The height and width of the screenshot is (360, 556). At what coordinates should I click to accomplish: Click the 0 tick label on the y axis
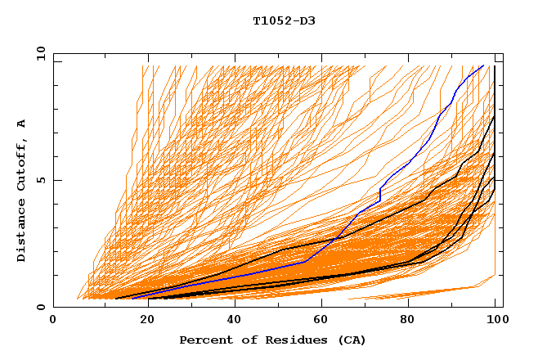pos(42,308)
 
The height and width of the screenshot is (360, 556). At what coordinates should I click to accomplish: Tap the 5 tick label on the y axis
pos(42,180)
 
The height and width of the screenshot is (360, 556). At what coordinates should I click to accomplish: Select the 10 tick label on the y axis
pos(38,53)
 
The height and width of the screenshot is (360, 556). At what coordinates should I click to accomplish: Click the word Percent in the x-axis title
pos(203,340)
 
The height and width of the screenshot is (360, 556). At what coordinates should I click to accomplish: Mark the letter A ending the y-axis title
pos(22,123)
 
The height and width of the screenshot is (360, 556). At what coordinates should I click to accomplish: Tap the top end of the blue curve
pos(483,65)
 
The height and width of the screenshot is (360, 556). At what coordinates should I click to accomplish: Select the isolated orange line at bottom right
pos(425,292)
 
